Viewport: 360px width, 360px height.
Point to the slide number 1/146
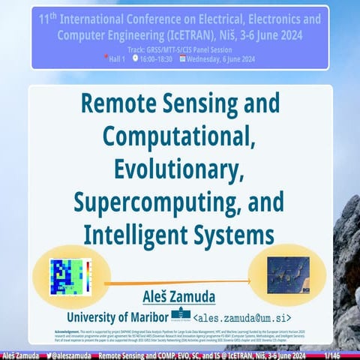point(331,354)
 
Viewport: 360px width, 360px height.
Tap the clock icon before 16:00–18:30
point(135,58)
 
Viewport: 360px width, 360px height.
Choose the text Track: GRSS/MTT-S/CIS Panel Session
point(180,49)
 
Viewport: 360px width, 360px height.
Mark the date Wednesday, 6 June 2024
point(226,58)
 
